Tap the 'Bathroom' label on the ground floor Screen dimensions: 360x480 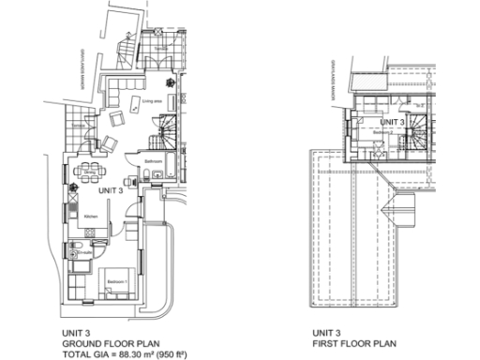pyautogui.click(x=154, y=161)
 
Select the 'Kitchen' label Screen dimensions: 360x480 pyautogui.click(x=91, y=216)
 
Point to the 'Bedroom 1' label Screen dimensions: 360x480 pyautogui.click(x=116, y=281)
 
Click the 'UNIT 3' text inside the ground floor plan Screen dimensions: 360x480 pyautogui.click(x=111, y=191)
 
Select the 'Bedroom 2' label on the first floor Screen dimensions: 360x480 pyautogui.click(x=381, y=133)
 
